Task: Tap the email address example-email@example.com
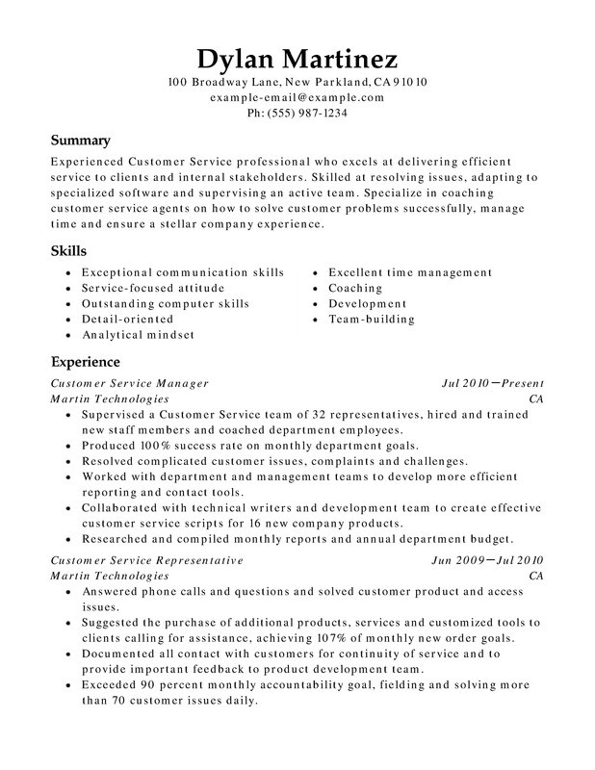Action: [x=297, y=97]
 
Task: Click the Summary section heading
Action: [x=80, y=140]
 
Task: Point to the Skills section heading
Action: [x=66, y=250]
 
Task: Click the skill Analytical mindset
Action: [x=138, y=335]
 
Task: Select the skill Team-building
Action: [x=371, y=319]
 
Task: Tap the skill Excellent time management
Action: [x=410, y=273]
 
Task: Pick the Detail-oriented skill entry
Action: [x=127, y=320]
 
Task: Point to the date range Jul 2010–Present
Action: [x=492, y=382]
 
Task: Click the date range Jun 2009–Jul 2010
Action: [x=489, y=559]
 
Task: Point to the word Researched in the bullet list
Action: [x=117, y=539]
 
